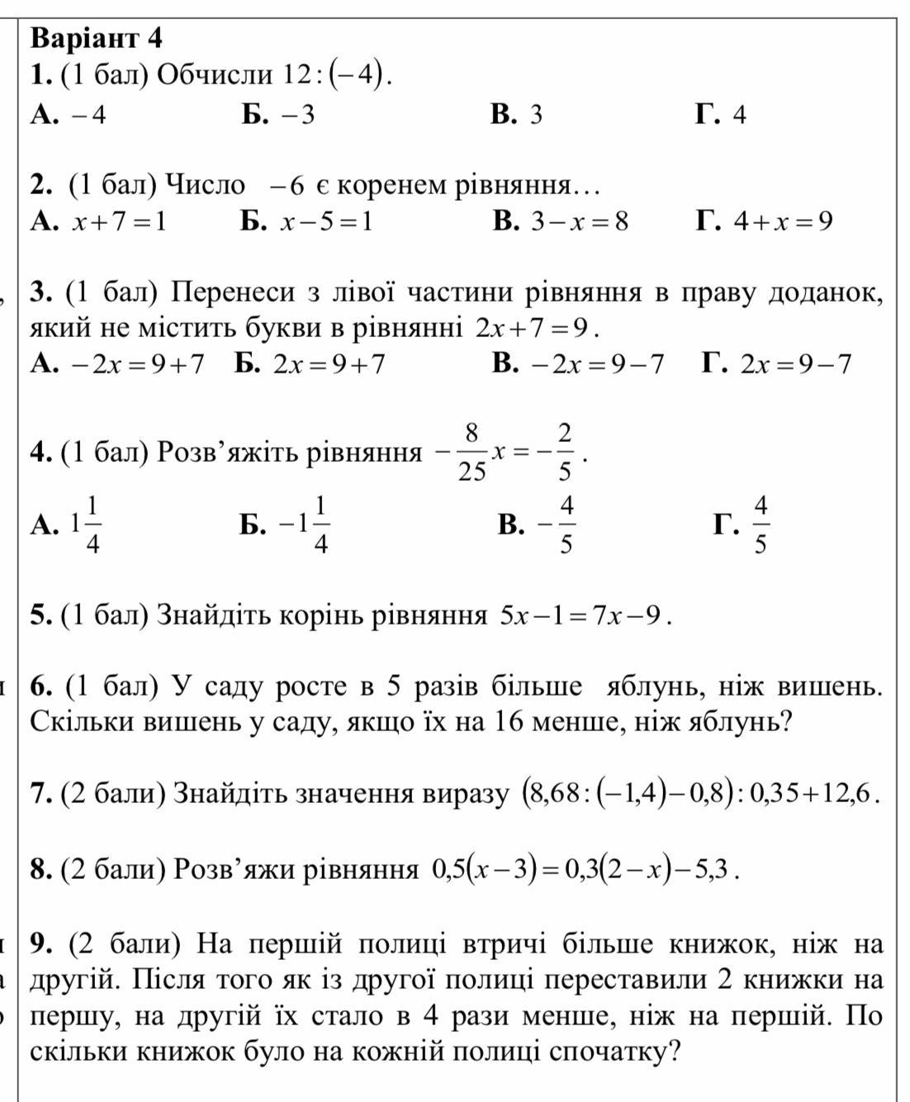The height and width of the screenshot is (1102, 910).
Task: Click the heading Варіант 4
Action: (x=96, y=38)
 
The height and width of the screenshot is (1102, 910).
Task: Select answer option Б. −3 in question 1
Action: (x=278, y=114)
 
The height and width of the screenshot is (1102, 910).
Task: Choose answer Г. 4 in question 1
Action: (x=721, y=114)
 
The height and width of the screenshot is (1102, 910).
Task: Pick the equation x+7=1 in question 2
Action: (x=118, y=221)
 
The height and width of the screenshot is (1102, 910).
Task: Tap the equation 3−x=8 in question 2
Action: (x=579, y=221)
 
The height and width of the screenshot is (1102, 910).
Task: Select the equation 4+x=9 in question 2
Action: (x=784, y=221)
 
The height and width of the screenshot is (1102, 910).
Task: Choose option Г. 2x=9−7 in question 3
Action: (x=777, y=364)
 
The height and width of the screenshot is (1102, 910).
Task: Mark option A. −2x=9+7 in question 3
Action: (x=116, y=364)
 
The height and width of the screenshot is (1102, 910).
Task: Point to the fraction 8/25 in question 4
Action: (x=472, y=452)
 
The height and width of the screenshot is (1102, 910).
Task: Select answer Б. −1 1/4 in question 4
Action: (x=285, y=524)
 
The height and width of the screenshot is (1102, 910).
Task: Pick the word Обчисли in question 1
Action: (x=214, y=75)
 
